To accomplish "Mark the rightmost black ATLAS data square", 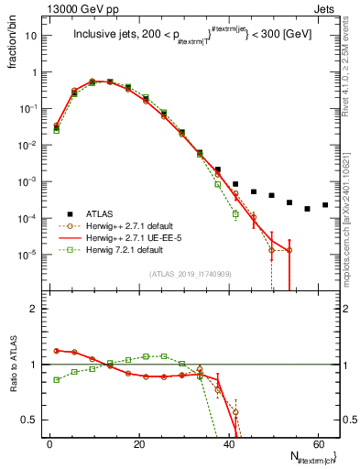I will (x=325, y=205).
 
